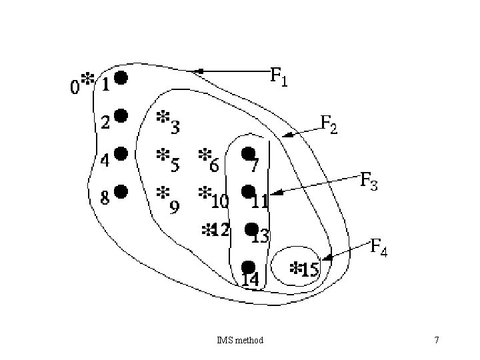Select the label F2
click(329, 124)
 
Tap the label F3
click(369, 181)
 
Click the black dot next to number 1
click(121, 78)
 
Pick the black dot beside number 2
click(120, 116)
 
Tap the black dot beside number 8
click(120, 191)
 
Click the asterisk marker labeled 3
click(162, 117)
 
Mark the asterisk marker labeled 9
click(162, 192)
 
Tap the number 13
click(260, 237)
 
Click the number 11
click(260, 200)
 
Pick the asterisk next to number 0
click(86, 79)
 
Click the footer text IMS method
click(240, 341)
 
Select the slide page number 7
click(436, 341)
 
